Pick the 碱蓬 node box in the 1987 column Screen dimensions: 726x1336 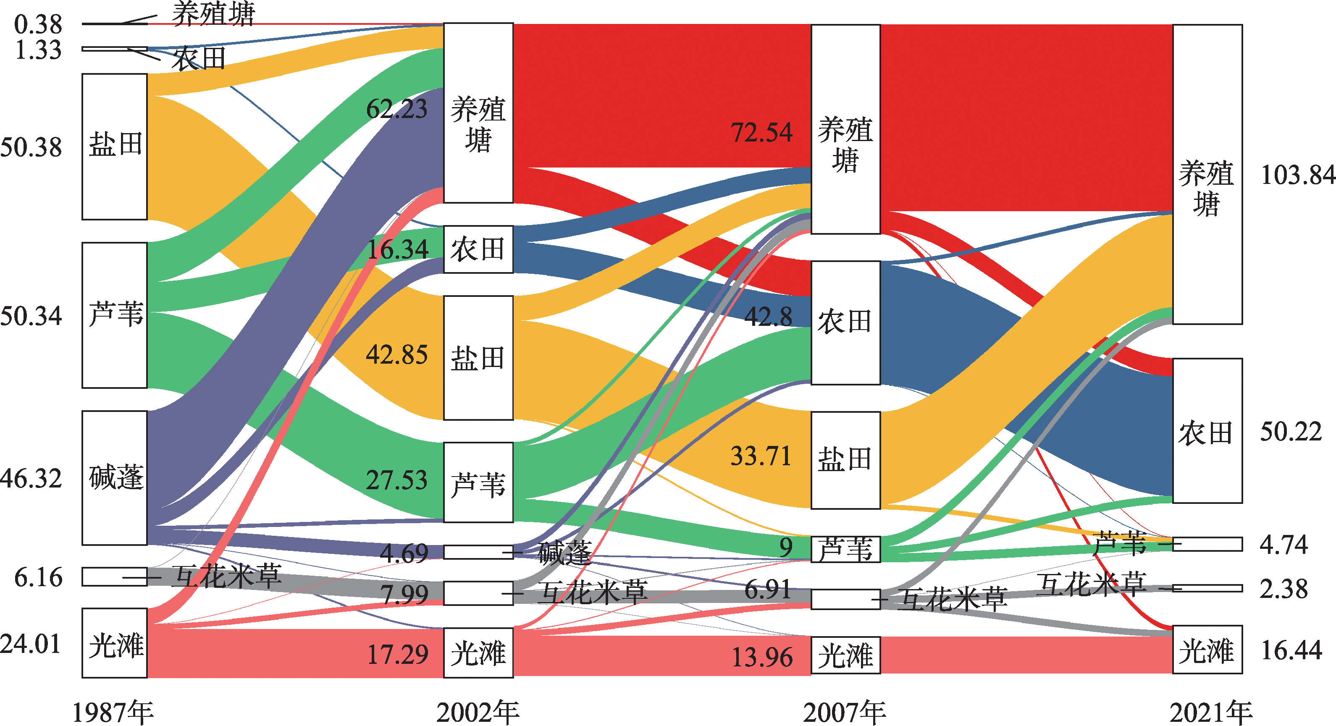[115, 477]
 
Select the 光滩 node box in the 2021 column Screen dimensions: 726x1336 [1207, 650]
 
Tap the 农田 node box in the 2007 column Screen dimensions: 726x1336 [845, 322]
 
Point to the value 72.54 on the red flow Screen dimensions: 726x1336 [761, 132]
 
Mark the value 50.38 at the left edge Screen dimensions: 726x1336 [31, 147]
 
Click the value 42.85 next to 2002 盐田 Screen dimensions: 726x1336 [397, 355]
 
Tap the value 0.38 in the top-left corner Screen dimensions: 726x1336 [38, 24]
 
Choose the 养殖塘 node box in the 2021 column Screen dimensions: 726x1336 [1207, 174]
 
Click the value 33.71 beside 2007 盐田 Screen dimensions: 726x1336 [761, 456]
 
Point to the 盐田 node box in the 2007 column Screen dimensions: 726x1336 [845, 460]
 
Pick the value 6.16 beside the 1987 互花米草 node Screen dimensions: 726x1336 [38, 578]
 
